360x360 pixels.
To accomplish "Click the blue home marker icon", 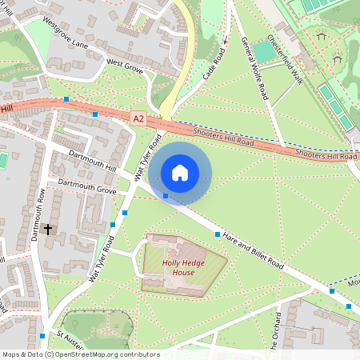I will [x=180, y=172].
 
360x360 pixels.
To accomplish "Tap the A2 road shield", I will [x=139, y=118].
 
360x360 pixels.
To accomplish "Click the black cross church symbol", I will [x=48, y=229].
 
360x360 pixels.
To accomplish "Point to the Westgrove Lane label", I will [x=66, y=33].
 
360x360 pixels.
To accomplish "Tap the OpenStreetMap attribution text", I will [x=81, y=354].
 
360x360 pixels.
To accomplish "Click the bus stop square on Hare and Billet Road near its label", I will [x=218, y=234].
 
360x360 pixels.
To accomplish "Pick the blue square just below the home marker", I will [x=166, y=196].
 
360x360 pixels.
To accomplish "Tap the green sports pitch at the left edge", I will [x=2, y=160].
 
